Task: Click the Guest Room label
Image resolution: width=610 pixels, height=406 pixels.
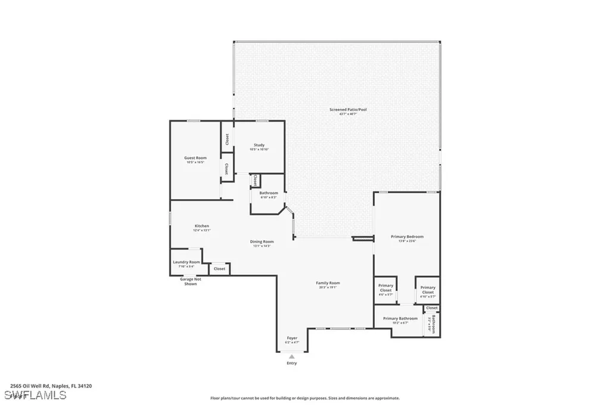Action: (x=195, y=158)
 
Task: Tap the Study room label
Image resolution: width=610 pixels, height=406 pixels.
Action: (x=259, y=145)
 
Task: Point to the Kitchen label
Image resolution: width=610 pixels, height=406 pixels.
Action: (x=201, y=226)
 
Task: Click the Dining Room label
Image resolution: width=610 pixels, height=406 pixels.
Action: (x=262, y=241)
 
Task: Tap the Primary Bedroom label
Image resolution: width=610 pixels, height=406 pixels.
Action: (x=407, y=237)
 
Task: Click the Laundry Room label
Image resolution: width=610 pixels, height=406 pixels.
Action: (x=186, y=262)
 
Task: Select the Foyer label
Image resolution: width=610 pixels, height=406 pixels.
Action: (x=291, y=339)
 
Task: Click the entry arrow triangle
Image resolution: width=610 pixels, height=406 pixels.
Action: (x=291, y=357)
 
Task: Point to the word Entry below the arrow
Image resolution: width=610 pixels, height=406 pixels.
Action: (x=291, y=363)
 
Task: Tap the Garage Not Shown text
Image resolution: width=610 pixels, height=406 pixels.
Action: (x=190, y=281)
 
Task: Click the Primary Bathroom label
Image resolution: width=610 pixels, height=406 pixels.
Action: (x=400, y=318)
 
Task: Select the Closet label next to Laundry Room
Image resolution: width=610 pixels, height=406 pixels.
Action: (x=219, y=269)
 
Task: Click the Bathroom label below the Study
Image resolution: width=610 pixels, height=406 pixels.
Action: (x=269, y=193)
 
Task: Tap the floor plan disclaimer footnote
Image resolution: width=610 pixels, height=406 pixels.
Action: (x=304, y=398)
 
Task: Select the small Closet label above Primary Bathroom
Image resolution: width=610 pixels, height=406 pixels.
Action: (x=432, y=308)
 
